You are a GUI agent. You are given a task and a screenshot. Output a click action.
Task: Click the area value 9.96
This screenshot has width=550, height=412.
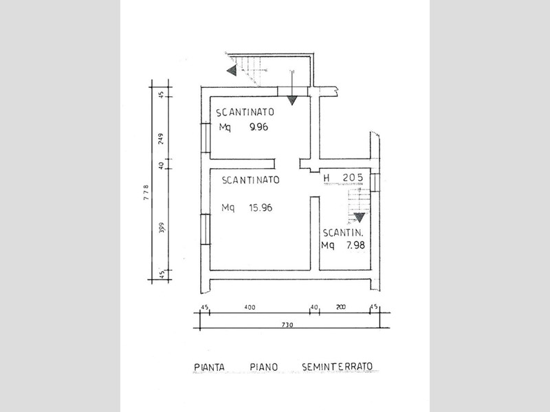tap(259, 127)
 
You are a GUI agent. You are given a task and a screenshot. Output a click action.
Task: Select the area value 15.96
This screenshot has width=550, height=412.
tap(261, 208)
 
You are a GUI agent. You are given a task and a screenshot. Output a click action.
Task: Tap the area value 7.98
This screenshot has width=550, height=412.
tap(355, 245)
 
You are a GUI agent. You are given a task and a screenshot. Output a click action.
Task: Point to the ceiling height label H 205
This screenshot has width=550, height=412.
tap(343, 178)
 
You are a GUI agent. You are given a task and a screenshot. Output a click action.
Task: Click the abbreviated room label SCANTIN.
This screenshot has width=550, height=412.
tap(342, 233)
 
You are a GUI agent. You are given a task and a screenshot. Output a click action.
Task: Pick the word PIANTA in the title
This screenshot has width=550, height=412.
tap(209, 367)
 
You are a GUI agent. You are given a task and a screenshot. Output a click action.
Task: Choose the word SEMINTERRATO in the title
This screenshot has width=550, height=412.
tap(337, 367)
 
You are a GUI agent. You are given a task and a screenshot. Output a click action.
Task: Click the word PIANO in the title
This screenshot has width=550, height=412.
tap(264, 367)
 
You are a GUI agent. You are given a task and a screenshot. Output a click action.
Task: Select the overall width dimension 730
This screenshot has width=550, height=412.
tap(287, 325)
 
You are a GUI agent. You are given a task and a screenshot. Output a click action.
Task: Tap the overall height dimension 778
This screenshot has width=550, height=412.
tap(146, 192)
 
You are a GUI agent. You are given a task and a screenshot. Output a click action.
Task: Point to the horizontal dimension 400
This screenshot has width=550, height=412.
tap(250, 308)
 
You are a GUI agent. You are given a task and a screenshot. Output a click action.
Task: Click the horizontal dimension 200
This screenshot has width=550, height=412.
tap(340, 307)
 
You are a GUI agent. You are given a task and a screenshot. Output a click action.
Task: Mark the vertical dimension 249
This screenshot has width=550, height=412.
tap(161, 139)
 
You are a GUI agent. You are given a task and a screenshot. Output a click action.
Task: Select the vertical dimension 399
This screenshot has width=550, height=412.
tap(161, 228)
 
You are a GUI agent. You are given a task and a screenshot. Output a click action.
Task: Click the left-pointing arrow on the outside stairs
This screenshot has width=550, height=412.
tap(232, 71)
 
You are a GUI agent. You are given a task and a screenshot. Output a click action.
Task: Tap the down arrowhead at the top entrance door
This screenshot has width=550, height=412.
tap(291, 100)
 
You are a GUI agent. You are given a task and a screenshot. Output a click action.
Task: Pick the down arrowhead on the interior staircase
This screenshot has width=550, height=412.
tap(359, 218)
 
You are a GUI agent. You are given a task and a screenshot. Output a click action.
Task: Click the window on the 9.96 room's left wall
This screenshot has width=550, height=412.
tap(205, 138)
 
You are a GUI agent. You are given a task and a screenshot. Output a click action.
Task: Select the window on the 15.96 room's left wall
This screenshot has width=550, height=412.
tap(205, 229)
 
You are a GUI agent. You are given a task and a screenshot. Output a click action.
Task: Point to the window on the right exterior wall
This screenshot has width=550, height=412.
tap(375, 183)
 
